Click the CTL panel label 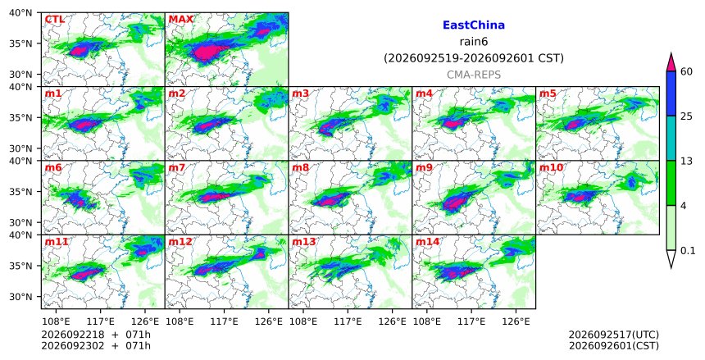click(54, 20)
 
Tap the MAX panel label click(180, 20)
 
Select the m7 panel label click(176, 167)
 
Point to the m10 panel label click(551, 167)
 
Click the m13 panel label click(304, 242)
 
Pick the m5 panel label click(547, 93)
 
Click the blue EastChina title click(474, 25)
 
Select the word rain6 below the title click(474, 42)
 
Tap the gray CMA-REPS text click(474, 75)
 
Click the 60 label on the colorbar click(686, 71)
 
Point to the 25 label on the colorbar click(686, 116)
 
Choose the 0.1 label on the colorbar click(688, 251)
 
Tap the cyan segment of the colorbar click(671, 138)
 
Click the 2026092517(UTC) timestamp click(614, 335)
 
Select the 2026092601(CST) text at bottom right click(614, 345)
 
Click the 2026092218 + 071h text click(96, 335)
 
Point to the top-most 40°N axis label click(20, 12)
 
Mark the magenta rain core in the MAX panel click(205, 52)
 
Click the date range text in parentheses click(474, 58)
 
